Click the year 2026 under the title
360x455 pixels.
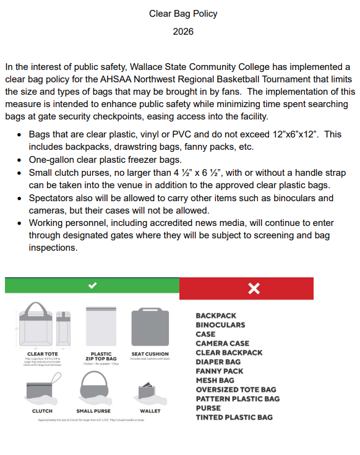coord(183,32)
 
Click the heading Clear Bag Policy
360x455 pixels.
coord(183,13)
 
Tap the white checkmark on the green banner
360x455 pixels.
coord(92,285)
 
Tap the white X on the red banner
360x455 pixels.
coord(254,288)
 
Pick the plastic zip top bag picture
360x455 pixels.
coord(101,327)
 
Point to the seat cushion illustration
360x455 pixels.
coord(150,327)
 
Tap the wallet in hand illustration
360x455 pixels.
coord(149,391)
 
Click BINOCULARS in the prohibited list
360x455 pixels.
coord(220,325)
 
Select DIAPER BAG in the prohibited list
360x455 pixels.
coord(218,362)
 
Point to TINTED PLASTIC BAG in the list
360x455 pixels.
coord(234,418)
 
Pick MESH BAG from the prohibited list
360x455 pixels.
coord(215,381)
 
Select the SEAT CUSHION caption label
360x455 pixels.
coord(150,354)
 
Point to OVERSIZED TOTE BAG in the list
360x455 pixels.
coord(236,390)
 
